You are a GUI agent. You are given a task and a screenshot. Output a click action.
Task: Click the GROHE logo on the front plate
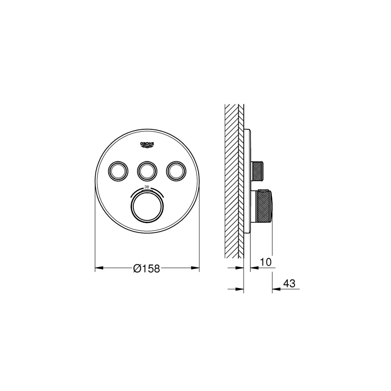pyautogui.click(x=147, y=145)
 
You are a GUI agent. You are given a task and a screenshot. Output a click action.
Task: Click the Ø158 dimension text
pyautogui.click(x=146, y=268)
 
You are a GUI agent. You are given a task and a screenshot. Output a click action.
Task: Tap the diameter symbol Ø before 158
pyautogui.click(x=137, y=268)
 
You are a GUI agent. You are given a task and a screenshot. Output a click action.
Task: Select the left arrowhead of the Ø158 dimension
pyautogui.click(x=99, y=268)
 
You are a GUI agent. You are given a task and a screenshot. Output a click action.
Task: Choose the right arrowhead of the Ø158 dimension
pyautogui.click(x=195, y=268)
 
